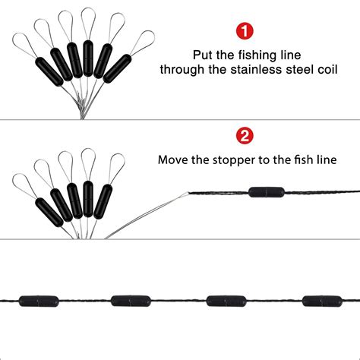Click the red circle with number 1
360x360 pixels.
tap(245, 31)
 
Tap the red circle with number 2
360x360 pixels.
tap(245, 136)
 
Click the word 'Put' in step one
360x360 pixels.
tap(202, 55)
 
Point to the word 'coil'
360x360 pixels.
tap(327, 70)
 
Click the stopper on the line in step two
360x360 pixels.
tap(267, 192)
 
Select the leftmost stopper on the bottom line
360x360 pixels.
tap(39, 302)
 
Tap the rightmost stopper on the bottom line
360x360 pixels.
tap(322, 301)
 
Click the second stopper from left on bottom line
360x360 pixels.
tap(131, 301)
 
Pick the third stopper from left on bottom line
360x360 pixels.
tap(226, 301)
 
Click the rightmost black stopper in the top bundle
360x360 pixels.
tap(117, 68)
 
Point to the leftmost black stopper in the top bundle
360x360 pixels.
tap(49, 71)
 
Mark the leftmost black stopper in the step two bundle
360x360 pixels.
tap(49, 213)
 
